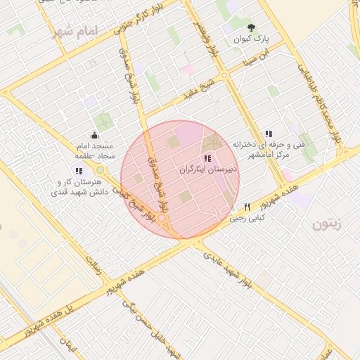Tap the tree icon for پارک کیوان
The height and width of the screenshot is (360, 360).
click(252, 29)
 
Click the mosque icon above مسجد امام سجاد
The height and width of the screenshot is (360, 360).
click(94, 136)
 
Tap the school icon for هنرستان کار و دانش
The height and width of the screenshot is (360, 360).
click(79, 171)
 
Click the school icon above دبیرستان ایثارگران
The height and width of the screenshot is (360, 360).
click(207, 158)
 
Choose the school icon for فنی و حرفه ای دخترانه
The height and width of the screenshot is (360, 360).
click(268, 134)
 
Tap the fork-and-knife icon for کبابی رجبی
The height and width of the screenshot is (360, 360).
click(247, 207)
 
